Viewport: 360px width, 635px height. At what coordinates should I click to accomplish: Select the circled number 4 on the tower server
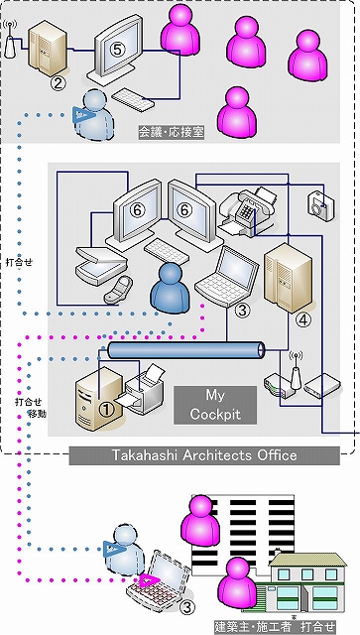[x=303, y=320]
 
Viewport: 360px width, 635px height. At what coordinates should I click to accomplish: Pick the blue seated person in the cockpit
[x=170, y=288]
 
